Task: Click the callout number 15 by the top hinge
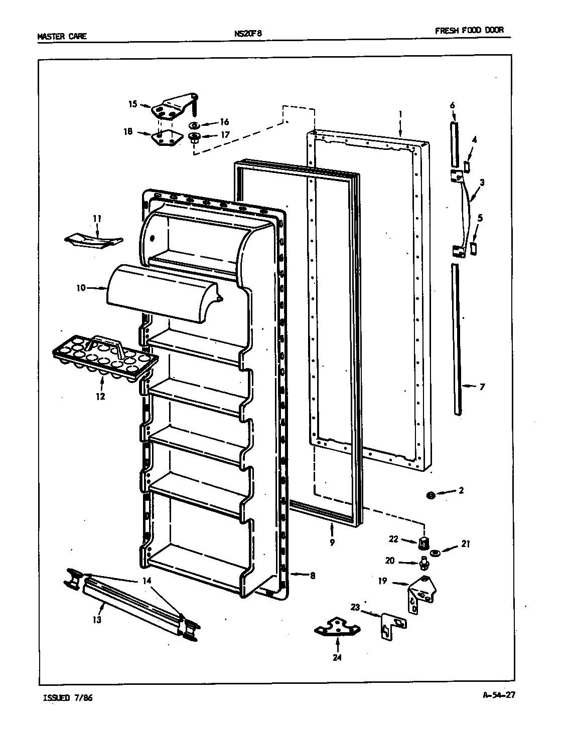pyautogui.click(x=132, y=104)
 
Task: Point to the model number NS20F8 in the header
pyautogui.click(x=247, y=34)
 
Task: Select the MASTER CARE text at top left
pyautogui.click(x=62, y=36)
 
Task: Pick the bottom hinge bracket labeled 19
pyautogui.click(x=420, y=593)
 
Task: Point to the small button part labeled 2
pyautogui.click(x=430, y=495)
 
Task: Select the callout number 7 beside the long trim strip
pyautogui.click(x=482, y=387)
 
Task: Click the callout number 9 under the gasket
pyautogui.click(x=332, y=542)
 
